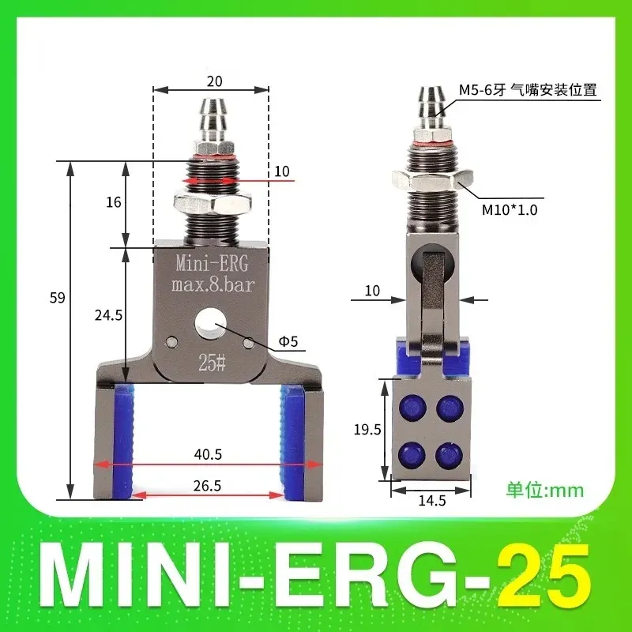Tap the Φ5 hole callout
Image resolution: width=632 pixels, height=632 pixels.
pyautogui.click(x=287, y=343)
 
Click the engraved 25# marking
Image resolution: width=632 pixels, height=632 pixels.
pyautogui.click(x=211, y=364)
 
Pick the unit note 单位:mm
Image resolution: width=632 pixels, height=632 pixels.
pyautogui.click(x=544, y=490)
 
